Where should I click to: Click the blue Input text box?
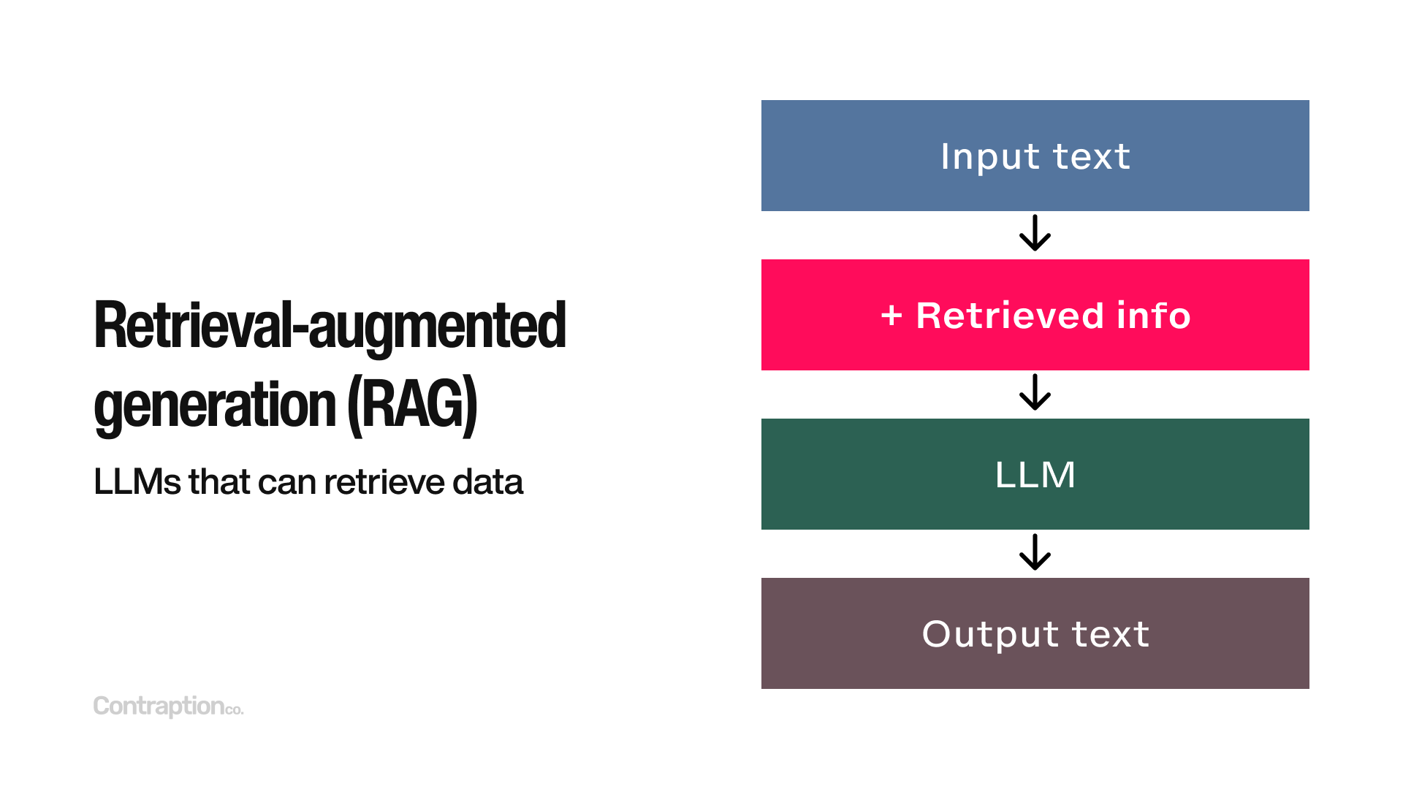(x=1035, y=156)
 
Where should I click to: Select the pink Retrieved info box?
(x=1035, y=315)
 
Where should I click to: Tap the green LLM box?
(x=1035, y=474)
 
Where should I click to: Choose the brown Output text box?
(x=1035, y=633)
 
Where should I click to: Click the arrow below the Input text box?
(x=1035, y=234)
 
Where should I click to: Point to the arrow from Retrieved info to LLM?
(x=1035, y=393)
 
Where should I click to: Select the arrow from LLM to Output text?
(x=1035, y=552)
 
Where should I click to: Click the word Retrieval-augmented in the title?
(x=330, y=326)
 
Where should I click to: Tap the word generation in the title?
(x=215, y=405)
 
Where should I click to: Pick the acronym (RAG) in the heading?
(x=412, y=405)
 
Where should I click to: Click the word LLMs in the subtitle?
(x=137, y=482)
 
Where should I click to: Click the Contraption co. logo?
(x=168, y=706)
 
